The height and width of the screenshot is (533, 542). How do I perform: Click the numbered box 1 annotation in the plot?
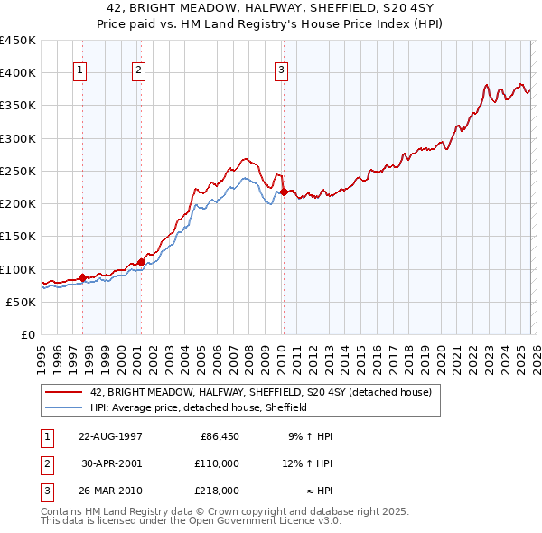[80, 71]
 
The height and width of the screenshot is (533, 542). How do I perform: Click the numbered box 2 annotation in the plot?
[138, 71]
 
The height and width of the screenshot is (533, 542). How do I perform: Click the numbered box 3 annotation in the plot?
[281, 71]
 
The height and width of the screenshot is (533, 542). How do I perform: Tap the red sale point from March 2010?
[284, 192]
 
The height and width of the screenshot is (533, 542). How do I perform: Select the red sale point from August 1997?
[83, 277]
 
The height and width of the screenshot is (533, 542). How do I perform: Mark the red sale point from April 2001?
[141, 262]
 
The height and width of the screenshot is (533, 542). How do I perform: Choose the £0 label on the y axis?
[26, 334]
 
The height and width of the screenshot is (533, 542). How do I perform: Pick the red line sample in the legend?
[63, 392]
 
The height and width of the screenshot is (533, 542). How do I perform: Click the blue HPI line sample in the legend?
[63, 407]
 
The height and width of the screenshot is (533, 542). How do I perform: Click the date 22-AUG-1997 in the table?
[110, 436]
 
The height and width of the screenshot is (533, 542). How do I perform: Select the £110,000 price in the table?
[217, 463]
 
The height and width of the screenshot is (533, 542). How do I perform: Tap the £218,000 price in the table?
[217, 491]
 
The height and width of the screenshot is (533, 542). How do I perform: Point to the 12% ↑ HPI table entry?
[307, 463]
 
